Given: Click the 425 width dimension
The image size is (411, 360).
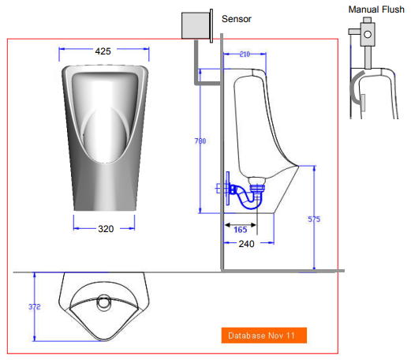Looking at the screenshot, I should (x=103, y=51).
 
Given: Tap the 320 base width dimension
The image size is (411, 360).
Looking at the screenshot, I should (x=106, y=229).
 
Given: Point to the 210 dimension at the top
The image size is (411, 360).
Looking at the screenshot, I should (x=244, y=54).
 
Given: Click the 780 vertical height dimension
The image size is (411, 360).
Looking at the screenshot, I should (x=200, y=141).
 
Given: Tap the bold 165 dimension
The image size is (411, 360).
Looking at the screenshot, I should (x=242, y=229).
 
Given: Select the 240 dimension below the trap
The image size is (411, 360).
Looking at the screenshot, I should (x=246, y=244).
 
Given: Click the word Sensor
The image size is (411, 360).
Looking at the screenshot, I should (x=237, y=19).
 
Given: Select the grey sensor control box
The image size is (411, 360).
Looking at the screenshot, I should (x=193, y=25).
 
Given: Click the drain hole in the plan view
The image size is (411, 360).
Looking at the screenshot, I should (x=103, y=301).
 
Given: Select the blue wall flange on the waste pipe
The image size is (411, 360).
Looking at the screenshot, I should (x=223, y=189).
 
